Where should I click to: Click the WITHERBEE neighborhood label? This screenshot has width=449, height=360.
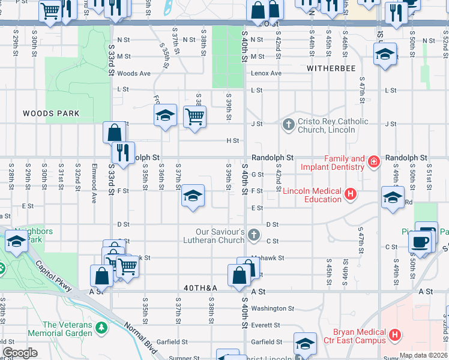click(x=331, y=68)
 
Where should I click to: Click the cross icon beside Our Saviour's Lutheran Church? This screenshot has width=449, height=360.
click(x=254, y=236)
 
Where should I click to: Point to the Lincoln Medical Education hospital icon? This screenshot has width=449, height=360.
click(x=351, y=194)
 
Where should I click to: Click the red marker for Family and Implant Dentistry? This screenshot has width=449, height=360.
click(x=374, y=161)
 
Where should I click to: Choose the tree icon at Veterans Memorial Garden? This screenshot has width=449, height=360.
click(x=101, y=328)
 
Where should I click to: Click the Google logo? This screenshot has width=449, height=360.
click(x=19, y=353)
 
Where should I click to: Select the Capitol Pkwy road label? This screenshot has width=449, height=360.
click(x=54, y=275)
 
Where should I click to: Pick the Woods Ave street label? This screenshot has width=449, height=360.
click(x=134, y=73)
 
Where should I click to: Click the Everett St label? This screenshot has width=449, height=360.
click(x=267, y=325)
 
